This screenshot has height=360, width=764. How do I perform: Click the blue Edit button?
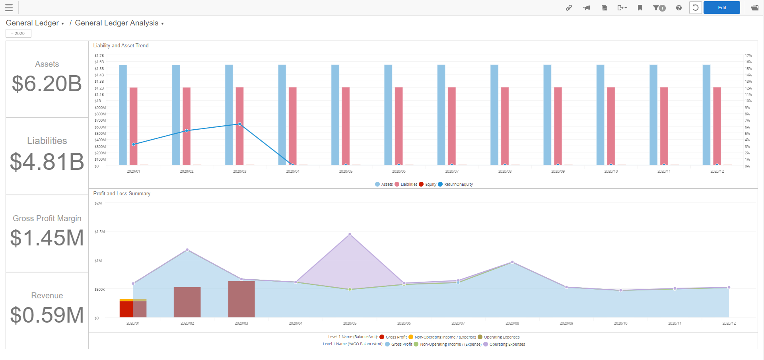[721, 8]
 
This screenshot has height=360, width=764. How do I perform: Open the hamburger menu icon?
[9, 8]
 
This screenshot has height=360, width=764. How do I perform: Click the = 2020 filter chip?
[18, 33]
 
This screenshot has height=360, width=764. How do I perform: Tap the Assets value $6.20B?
[47, 84]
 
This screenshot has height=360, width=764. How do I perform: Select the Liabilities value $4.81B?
[47, 162]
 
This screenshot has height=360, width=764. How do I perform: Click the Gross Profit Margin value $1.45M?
[47, 238]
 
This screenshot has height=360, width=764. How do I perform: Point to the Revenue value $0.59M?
[47, 315]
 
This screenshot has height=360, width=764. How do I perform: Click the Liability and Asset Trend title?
[121, 46]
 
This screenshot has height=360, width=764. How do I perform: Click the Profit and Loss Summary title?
[122, 194]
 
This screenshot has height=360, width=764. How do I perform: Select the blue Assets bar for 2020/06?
[388, 115]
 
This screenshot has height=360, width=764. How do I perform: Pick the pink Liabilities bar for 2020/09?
[558, 126]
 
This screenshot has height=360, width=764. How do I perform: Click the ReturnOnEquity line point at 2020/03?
[239, 124]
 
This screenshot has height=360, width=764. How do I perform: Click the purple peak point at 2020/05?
[350, 234]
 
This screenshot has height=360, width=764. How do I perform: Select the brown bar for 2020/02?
[187, 302]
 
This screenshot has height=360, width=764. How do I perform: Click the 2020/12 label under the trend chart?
[717, 171]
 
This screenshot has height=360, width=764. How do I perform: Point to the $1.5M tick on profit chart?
[99, 232]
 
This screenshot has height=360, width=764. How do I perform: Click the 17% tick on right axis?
[748, 56]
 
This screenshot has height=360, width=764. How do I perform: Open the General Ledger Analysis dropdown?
[119, 23]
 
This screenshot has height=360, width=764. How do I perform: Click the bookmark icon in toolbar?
[640, 8]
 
